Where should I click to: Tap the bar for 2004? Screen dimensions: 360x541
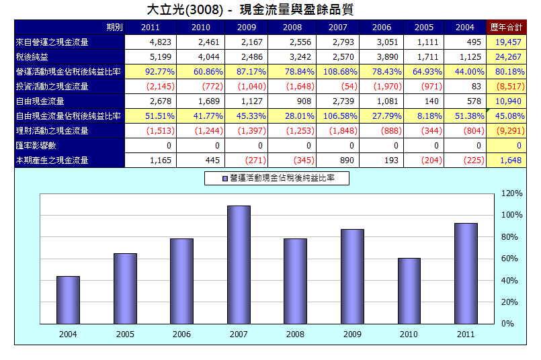[x=68, y=300]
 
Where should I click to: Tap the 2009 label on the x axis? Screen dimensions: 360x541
[x=352, y=334]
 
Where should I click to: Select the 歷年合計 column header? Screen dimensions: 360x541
[x=507, y=28]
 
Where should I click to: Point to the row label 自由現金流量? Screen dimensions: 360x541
[x=40, y=101]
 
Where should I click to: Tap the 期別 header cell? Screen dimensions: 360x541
[x=114, y=28]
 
